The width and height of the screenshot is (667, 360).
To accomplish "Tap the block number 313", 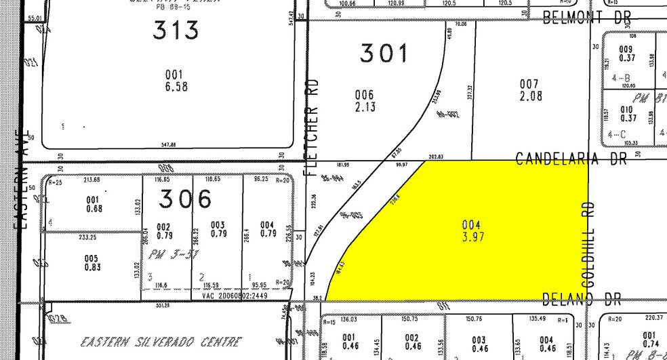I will pos(176,30).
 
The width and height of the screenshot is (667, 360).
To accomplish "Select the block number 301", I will pos(384,53).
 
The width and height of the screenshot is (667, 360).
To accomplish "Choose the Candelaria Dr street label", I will pos(577,159).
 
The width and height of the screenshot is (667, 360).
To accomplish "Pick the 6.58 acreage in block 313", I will pos(176,87).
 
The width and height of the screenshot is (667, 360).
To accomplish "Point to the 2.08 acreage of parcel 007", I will pos(530,96).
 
